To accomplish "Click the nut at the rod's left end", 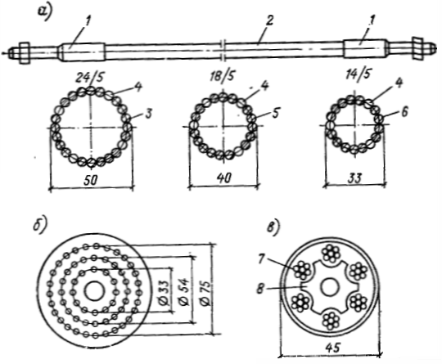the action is [x=25, y=53].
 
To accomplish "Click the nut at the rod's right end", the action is [x=417, y=48].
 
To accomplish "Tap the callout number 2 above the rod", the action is [x=269, y=20].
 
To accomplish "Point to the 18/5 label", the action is [x=222, y=76].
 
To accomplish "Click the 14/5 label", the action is [x=357, y=75].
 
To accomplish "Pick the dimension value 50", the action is [x=91, y=180].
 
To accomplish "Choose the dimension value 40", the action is [x=224, y=178].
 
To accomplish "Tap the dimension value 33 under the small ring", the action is [x=355, y=178].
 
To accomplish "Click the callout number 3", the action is [x=148, y=113].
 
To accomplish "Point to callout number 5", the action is [x=275, y=113].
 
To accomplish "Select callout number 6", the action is [x=405, y=112].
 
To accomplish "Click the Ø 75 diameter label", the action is [x=205, y=293].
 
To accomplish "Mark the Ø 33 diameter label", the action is [x=165, y=293].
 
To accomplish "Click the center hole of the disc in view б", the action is [x=95, y=291].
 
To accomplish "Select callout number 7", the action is [x=262, y=259].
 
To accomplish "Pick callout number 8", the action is [x=260, y=289].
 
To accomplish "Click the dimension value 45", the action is [x=333, y=348].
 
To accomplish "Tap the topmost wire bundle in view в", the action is [x=330, y=253].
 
